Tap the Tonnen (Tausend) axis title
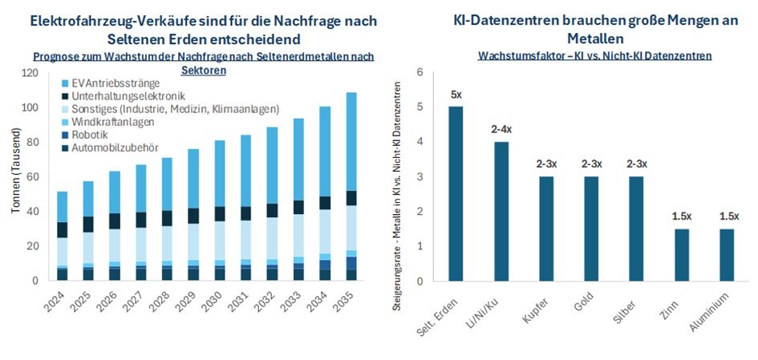[14, 177]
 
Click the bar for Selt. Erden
[456, 193]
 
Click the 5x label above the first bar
[456, 95]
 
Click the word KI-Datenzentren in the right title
[505, 21]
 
